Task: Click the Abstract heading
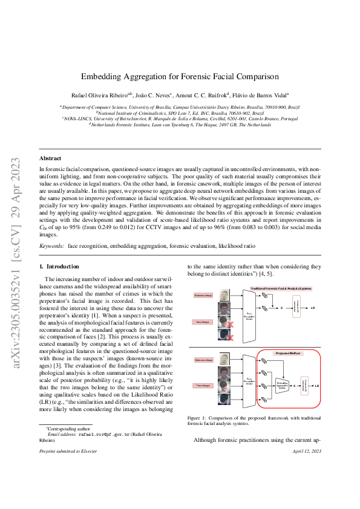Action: point(51,158)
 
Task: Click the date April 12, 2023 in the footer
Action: point(307,451)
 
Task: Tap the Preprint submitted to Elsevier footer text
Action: point(66,451)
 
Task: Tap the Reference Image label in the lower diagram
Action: point(203,359)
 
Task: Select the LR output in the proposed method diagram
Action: point(317,385)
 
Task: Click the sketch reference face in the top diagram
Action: point(226,296)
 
